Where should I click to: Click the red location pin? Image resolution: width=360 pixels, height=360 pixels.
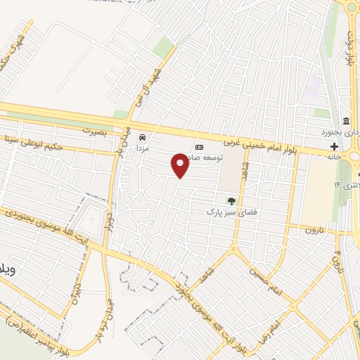[x=180, y=165]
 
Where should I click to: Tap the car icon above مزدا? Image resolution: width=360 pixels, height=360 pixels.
[x=143, y=137]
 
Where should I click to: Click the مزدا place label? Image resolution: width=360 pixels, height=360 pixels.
[x=143, y=150]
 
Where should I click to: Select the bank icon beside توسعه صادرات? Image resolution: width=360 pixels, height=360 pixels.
[x=199, y=146]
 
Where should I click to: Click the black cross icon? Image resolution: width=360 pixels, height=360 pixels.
[x=334, y=146]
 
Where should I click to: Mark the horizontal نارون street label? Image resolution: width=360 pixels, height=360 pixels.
[x=321, y=229]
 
